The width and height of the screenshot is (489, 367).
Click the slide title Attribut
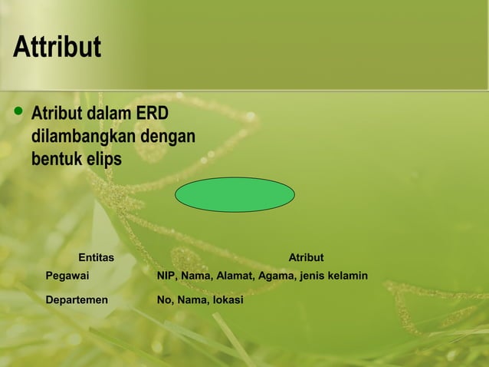click(x=57, y=48)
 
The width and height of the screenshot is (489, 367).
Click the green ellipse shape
click(x=235, y=194)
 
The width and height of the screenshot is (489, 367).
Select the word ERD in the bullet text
click(x=152, y=114)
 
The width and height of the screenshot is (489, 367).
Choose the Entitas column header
click(x=96, y=257)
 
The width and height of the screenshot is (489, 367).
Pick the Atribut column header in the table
click(x=306, y=257)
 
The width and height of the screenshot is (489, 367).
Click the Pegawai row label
click(x=67, y=275)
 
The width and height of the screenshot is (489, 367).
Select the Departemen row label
click(x=77, y=299)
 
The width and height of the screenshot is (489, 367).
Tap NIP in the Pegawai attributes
click(x=166, y=275)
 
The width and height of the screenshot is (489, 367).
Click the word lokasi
click(x=228, y=299)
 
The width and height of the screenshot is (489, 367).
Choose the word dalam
click(x=109, y=114)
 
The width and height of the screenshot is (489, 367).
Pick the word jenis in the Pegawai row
click(x=312, y=275)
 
